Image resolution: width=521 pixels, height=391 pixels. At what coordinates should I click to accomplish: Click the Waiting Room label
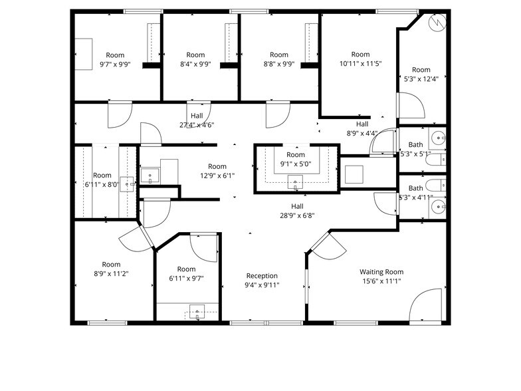pos(381,272)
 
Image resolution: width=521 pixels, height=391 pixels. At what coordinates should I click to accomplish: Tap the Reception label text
pos(262,276)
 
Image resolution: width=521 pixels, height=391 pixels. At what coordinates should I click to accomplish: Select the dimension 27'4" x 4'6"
pos(196,125)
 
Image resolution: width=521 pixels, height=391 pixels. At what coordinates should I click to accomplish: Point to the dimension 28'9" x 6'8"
pos(297,215)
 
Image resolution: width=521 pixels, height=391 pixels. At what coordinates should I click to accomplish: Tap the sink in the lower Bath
pos(437,208)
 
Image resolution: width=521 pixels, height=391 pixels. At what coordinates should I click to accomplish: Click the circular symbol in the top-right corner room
pos(437,23)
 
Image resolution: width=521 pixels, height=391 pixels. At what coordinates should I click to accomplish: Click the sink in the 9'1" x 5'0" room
pos(295,182)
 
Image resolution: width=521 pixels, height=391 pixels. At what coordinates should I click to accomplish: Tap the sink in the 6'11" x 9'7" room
pos(196,311)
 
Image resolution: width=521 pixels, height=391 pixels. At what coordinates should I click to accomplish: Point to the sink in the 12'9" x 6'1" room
pos(150,177)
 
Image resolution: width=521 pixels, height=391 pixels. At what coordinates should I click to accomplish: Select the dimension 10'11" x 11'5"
pos(360,64)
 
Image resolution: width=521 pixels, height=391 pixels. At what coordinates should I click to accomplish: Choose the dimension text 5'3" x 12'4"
pos(421,78)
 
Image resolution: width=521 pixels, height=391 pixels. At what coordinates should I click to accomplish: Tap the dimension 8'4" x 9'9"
pos(195,65)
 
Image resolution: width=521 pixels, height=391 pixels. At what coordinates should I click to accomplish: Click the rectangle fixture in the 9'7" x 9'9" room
pos(83,53)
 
